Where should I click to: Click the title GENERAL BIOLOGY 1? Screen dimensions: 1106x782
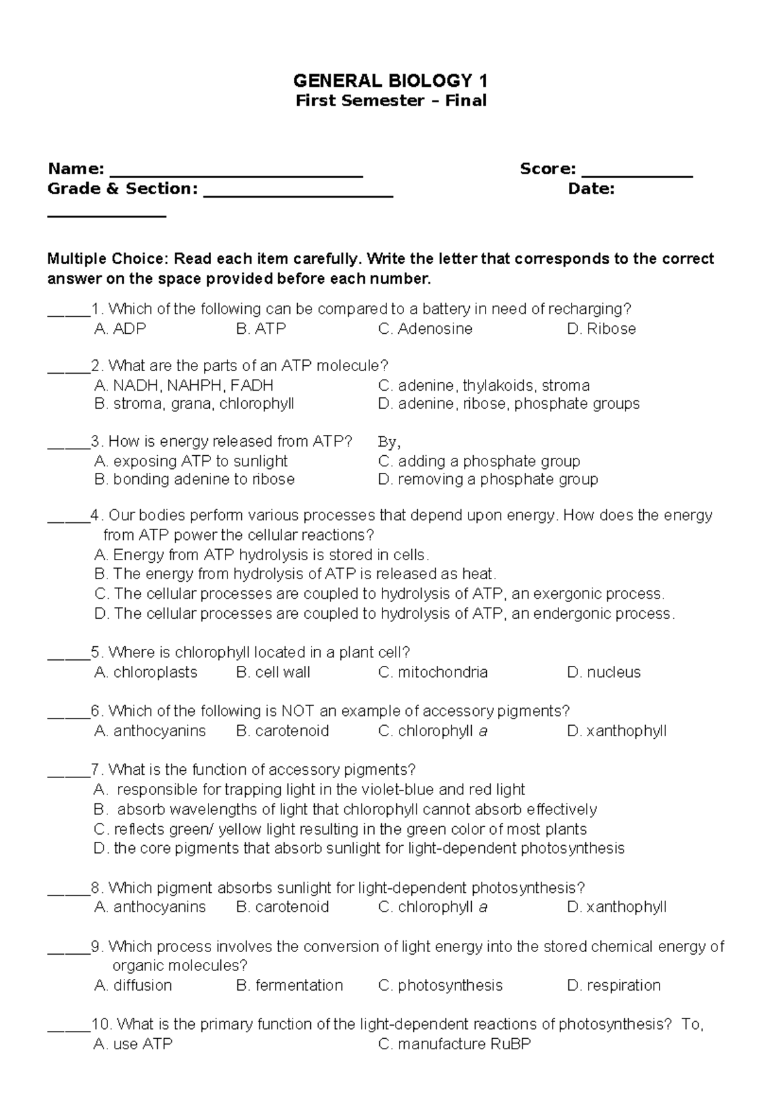(390, 81)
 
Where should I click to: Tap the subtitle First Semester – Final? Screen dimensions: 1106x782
(391, 100)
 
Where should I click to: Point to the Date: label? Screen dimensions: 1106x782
(591, 189)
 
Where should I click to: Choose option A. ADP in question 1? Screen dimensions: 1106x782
(120, 329)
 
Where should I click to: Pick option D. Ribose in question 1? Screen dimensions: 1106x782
(601, 329)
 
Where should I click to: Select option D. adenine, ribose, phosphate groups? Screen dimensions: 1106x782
(508, 404)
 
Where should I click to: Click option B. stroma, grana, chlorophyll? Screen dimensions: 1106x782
(194, 404)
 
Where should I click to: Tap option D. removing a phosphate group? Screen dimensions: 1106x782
(487, 479)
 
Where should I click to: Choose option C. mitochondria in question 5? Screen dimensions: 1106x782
(433, 672)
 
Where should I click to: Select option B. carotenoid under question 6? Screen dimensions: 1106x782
(282, 731)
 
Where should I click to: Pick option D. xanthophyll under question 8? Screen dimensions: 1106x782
(616, 907)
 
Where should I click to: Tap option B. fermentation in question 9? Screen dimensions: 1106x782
(289, 985)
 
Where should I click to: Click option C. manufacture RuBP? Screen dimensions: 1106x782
(454, 1044)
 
